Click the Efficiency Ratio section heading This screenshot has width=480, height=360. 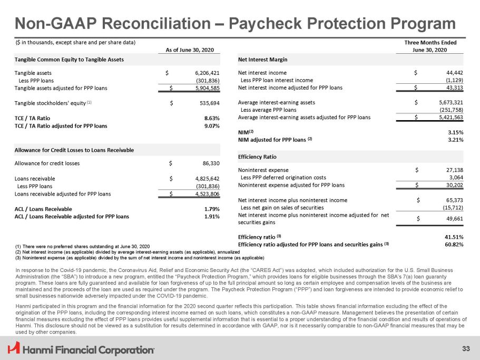coord(258,157)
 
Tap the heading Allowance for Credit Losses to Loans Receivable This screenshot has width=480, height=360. coord(74,150)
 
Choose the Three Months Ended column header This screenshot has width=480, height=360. coord(430,43)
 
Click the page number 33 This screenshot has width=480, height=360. coord(465,348)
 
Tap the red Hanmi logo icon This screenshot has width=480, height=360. coord(13,348)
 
